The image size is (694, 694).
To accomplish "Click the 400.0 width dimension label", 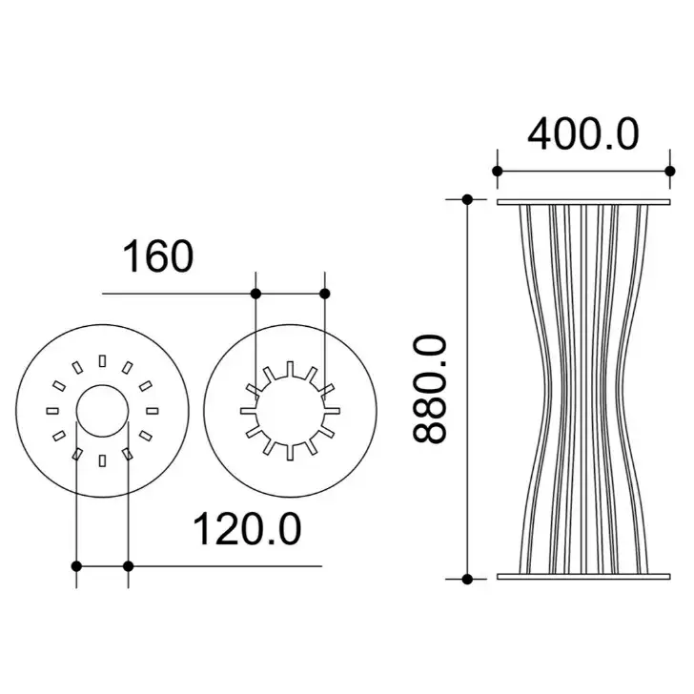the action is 582,134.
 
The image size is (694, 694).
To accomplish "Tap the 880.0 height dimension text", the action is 429,389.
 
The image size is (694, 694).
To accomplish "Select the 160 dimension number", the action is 157,256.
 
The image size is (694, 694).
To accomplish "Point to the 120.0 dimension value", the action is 247,529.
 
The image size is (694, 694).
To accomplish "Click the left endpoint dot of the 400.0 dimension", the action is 498,171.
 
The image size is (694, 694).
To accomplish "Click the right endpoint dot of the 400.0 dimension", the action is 670,171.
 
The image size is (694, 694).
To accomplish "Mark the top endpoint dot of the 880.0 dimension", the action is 467,199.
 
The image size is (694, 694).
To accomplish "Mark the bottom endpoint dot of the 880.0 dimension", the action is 467,579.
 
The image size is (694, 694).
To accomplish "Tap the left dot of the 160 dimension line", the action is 255,294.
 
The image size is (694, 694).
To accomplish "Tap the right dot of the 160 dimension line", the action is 325,294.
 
